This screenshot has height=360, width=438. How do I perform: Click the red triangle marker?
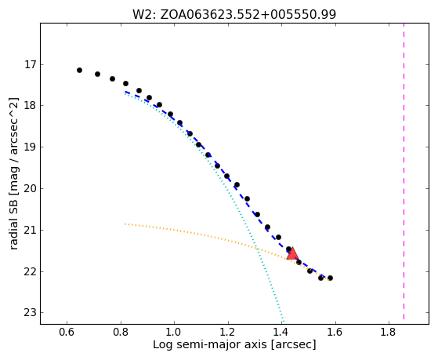pyautogui.click(x=292, y=253)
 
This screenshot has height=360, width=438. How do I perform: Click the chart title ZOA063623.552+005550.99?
pyautogui.click(x=248, y=14)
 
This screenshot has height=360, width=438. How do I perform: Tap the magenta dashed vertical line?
pyautogui.click(x=404, y=171)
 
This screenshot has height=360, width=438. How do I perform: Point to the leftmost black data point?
pyautogui.click(x=79, y=70)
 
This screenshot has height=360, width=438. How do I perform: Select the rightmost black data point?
pyautogui.click(x=330, y=278)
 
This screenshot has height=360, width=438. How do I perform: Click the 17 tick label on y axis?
pyautogui.click(x=31, y=65)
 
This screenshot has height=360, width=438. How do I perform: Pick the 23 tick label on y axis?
pyautogui.click(x=31, y=312)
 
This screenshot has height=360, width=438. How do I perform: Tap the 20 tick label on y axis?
pyautogui.click(x=31, y=189)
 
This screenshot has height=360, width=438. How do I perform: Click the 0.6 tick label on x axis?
pyautogui.click(x=67, y=332)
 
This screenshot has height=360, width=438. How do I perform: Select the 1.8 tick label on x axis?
pyautogui.click(x=389, y=332)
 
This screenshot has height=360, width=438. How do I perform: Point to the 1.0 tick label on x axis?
pyautogui.click(x=174, y=332)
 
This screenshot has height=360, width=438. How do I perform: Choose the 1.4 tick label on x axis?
pyautogui.click(x=281, y=332)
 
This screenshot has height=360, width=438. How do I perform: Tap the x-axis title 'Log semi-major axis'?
pyautogui.click(x=210, y=344)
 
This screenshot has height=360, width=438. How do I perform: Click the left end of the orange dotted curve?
pyautogui.click(x=125, y=224)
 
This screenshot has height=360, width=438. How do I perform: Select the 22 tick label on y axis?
pyautogui.click(x=31, y=271)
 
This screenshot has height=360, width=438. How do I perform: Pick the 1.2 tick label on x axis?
pyautogui.click(x=228, y=332)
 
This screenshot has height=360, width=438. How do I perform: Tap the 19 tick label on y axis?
pyautogui.click(x=31, y=147)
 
